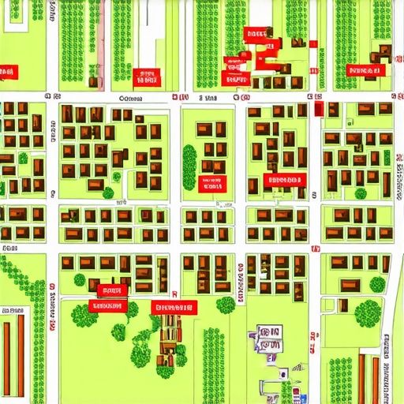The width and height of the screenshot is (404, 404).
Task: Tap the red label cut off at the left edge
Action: click(7, 73)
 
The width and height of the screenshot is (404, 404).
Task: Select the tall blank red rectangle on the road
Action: click(319, 109)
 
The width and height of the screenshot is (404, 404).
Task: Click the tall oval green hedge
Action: click(189, 166)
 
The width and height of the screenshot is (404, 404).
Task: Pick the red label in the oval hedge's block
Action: click(211, 185)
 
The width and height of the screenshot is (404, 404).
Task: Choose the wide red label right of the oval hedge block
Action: click(283, 180)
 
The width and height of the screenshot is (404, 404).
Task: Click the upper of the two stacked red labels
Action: click(109, 290)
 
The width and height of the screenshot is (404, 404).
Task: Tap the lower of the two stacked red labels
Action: click(109, 306)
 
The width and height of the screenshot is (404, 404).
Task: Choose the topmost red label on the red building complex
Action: click(255, 34)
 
